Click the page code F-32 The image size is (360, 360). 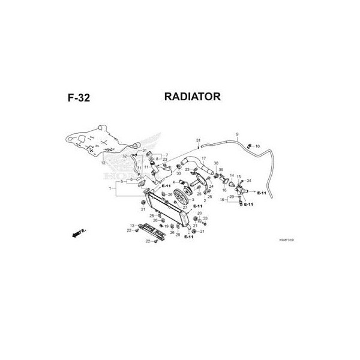79,98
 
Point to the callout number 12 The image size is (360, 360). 103,163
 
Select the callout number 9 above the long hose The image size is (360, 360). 237,133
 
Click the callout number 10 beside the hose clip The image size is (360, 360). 257,146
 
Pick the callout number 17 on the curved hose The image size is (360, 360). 203,158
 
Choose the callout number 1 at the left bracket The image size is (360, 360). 110,188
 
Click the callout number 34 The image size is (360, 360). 249,180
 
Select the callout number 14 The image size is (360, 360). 232,175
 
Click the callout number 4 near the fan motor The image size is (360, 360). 173,182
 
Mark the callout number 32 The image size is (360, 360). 124,156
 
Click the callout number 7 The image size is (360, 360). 166,155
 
